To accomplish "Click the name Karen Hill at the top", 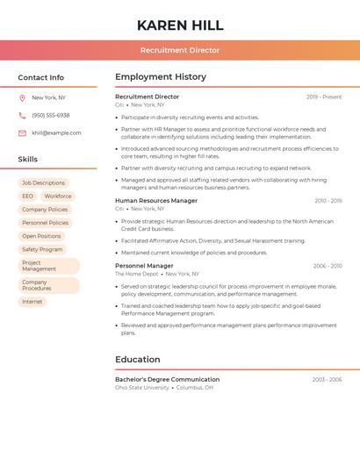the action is click(x=180, y=25).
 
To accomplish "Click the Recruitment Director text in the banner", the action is click(x=180, y=50).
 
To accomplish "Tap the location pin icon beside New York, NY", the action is click(x=22, y=98).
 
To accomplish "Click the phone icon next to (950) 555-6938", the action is click(x=22, y=115).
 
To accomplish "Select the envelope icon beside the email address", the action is click(x=22, y=133).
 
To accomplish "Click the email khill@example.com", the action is click(x=56, y=133).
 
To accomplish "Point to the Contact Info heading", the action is click(x=40, y=77).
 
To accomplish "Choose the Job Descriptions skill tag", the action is click(x=43, y=183).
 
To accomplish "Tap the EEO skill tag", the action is click(x=27, y=197).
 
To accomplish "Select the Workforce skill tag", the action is click(x=58, y=197).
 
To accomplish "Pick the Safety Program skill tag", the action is click(x=42, y=249).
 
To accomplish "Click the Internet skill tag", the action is click(x=32, y=302).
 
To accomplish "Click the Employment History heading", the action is click(x=161, y=76).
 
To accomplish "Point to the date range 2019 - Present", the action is click(x=324, y=97).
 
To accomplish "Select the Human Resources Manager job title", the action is click(x=156, y=201).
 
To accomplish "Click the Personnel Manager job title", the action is click(x=144, y=266).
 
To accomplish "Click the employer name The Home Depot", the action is click(x=136, y=274).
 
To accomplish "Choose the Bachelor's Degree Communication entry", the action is click(x=167, y=380).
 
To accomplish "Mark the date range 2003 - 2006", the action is click(x=327, y=380).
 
